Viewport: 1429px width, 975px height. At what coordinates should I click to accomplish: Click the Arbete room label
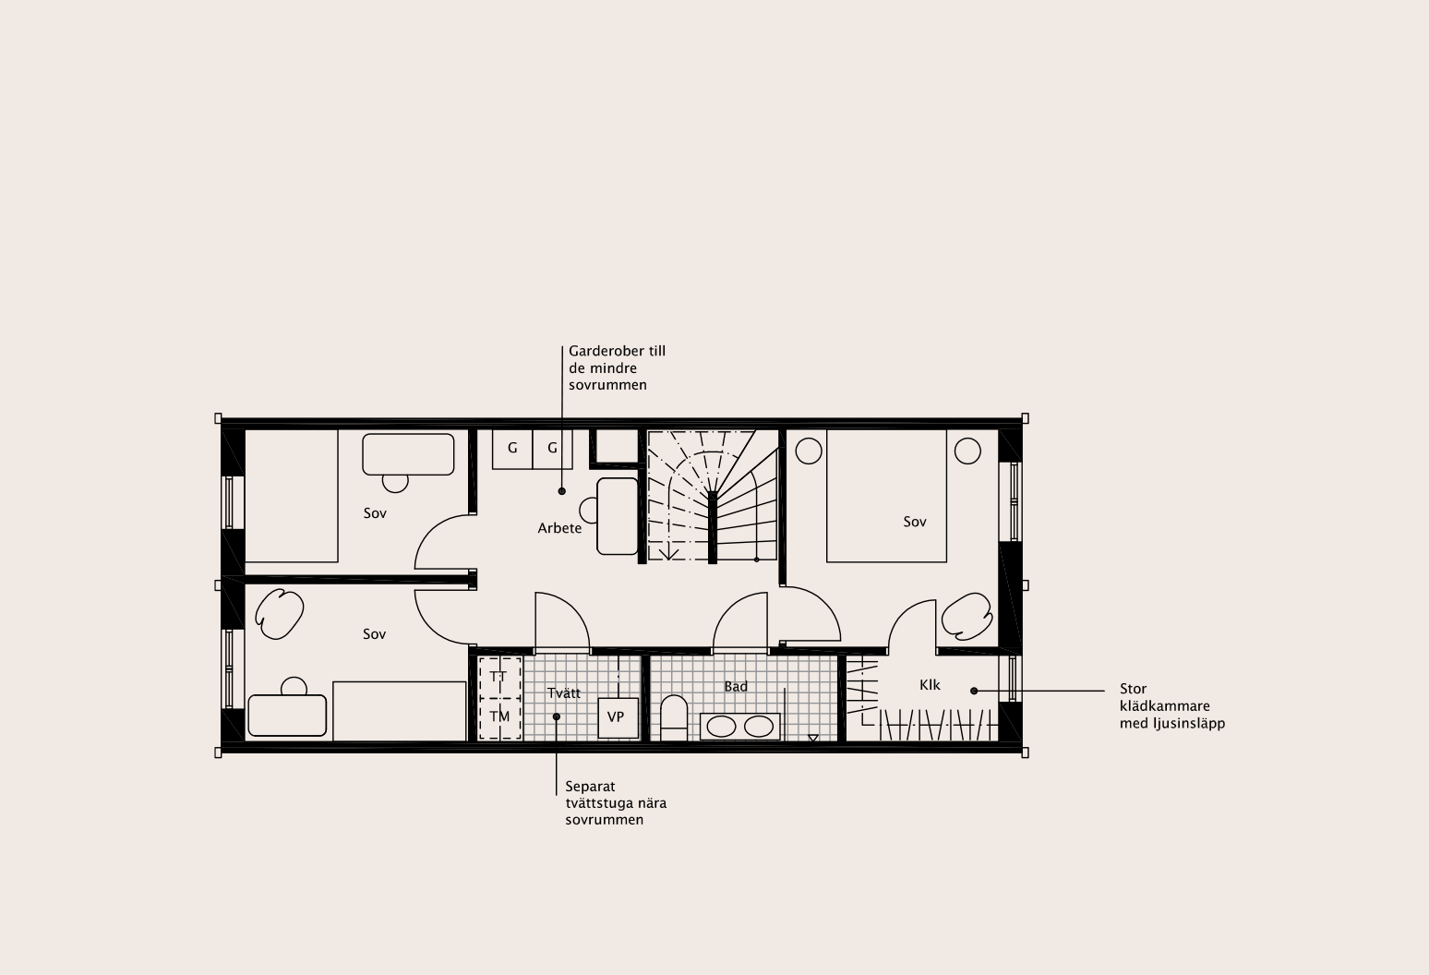click(x=559, y=528)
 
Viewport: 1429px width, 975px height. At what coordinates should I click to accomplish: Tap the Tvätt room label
click(x=564, y=693)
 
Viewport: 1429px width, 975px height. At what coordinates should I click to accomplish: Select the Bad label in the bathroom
click(x=736, y=687)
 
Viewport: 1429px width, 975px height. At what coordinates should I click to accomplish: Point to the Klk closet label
click(x=931, y=685)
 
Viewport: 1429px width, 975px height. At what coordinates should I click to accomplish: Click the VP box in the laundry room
click(x=618, y=717)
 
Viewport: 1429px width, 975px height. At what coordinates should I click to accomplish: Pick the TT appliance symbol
click(x=499, y=677)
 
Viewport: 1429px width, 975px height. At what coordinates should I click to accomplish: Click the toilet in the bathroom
click(x=674, y=717)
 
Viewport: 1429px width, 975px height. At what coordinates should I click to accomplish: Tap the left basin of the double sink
click(x=722, y=727)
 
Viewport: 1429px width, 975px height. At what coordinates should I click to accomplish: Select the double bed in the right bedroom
click(x=887, y=496)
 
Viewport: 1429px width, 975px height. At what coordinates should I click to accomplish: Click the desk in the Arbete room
click(x=618, y=516)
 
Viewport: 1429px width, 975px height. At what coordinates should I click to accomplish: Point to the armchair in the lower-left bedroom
click(x=280, y=614)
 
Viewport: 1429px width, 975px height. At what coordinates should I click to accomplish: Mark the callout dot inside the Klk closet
click(x=974, y=691)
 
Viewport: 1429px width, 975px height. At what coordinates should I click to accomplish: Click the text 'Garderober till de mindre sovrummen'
click(x=617, y=368)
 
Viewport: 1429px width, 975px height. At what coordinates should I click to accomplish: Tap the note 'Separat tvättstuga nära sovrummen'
click(x=616, y=803)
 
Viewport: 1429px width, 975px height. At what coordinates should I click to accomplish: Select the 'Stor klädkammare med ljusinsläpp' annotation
click(x=1171, y=706)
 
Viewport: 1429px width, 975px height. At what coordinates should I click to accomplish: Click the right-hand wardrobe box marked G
click(x=552, y=450)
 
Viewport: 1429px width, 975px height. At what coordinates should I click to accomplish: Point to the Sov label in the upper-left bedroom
click(x=375, y=513)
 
